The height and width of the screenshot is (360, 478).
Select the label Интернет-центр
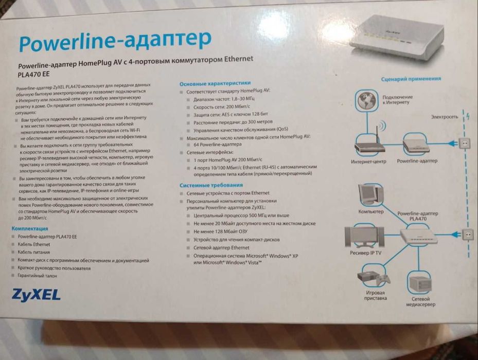coord(369,161)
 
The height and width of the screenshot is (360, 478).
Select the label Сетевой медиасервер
coord(423,301)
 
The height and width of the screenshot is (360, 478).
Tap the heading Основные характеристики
coord(215,82)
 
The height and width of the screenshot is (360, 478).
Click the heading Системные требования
coord(211,185)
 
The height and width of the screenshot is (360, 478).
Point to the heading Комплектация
coord(30,228)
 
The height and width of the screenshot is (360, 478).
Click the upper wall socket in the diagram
coord(465,143)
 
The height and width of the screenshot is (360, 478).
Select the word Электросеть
coord(444,117)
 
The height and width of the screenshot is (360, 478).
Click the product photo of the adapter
coord(396,39)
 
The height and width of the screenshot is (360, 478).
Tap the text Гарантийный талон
coord(38,276)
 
